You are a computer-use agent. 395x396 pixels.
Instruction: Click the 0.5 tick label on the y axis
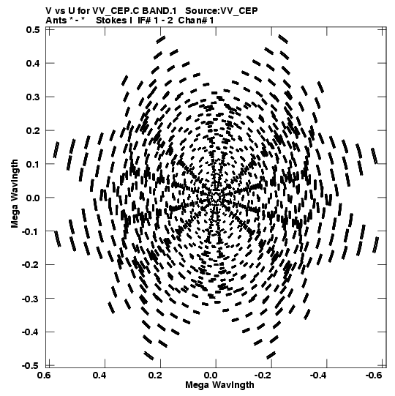(x=33, y=30)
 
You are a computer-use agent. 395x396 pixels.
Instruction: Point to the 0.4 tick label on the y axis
(x=33, y=63)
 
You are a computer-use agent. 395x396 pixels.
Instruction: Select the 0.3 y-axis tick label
(x=33, y=97)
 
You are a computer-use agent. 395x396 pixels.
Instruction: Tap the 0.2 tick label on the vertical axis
(x=33, y=130)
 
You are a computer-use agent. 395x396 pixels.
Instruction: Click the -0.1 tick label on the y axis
(x=31, y=231)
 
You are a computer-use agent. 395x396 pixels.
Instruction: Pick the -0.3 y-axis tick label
(x=31, y=299)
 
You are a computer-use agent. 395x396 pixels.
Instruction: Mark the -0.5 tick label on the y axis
(x=31, y=365)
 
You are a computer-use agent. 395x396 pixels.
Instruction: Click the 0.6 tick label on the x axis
(x=44, y=376)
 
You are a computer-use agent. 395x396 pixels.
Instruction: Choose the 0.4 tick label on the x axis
(x=99, y=376)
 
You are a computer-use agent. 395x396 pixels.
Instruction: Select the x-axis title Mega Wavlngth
(x=219, y=385)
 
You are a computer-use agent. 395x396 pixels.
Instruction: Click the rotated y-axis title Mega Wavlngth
(x=15, y=194)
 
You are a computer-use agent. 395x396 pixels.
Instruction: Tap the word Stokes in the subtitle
(x=111, y=20)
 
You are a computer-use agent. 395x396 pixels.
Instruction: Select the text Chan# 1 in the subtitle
(x=196, y=20)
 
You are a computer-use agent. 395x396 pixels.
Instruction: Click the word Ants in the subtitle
(x=56, y=20)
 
